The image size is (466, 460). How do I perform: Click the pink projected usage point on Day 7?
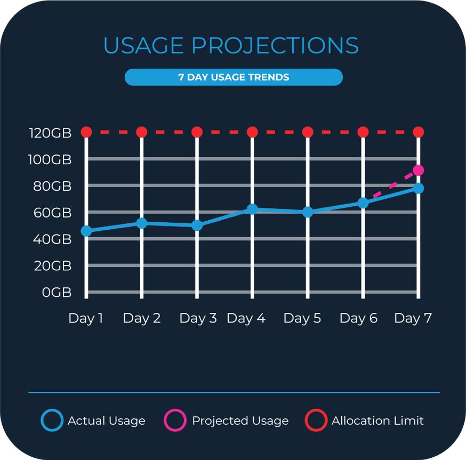point(418,171)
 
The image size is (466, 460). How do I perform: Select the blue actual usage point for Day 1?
point(86,231)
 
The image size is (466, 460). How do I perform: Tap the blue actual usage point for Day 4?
point(252,209)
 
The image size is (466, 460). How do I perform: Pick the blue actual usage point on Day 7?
point(418,188)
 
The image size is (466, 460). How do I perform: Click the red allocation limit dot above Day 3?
point(197,132)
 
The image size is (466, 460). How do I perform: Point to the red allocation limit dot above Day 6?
point(363,132)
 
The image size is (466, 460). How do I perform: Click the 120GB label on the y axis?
point(50,133)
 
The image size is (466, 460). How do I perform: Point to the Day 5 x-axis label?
point(302,319)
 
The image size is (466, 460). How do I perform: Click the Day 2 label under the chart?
point(142,319)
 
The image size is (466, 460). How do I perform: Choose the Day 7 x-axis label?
point(413,319)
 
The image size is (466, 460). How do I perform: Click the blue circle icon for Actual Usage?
point(52,421)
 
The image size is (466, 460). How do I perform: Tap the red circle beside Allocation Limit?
point(316,421)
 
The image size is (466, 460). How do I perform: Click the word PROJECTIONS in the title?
point(275,46)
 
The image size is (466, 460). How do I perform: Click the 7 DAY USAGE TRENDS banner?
point(234,77)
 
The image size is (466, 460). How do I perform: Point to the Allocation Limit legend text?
point(377,421)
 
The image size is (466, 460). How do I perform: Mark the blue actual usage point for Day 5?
point(308,212)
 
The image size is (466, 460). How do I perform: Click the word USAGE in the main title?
point(144,46)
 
